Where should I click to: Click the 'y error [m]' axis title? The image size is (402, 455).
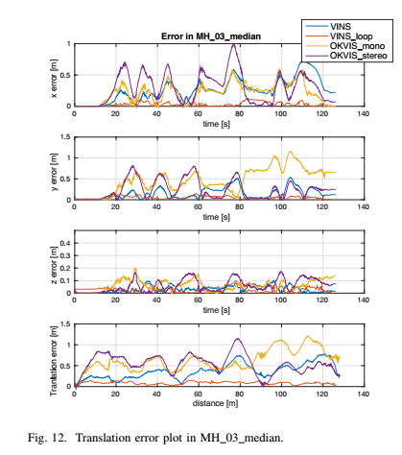point(54,168)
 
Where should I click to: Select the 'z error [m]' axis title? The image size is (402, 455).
point(54,262)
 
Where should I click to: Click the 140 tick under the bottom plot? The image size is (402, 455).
point(363,394)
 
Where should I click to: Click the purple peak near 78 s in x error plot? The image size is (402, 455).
point(234,44)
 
